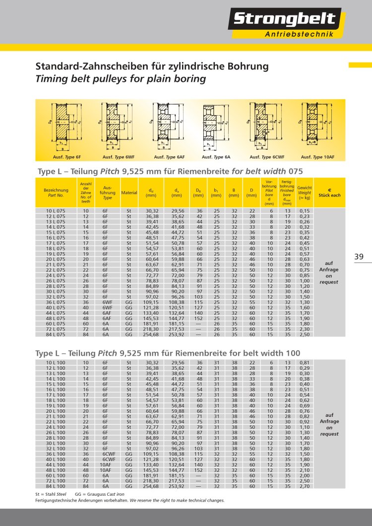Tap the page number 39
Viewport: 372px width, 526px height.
coord(360,257)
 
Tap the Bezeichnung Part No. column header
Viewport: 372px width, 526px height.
coord(56,193)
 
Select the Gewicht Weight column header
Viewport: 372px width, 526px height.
coord(305,193)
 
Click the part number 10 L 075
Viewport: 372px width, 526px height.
coord(56,211)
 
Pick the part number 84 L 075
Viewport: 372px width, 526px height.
coord(56,334)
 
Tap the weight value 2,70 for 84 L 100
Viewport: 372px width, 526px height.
coord(305,486)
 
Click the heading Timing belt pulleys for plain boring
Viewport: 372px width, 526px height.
coord(120,79)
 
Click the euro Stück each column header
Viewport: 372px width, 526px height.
coord(329,193)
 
